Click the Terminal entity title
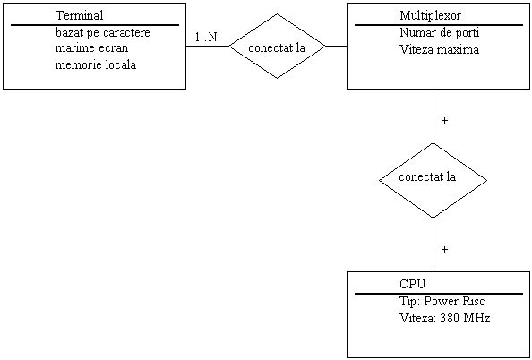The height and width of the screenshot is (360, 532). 80,15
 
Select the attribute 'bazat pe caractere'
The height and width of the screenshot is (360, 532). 102,33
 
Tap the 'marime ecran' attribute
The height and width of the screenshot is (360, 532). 91,48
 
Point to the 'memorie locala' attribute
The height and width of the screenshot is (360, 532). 96,64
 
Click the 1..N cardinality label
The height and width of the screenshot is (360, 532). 206,37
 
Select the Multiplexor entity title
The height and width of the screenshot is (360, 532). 431,15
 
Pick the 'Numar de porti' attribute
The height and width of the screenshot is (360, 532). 440,33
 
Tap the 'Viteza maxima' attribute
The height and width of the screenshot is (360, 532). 440,50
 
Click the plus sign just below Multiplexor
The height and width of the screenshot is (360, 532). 444,121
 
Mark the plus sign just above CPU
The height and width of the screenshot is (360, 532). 444,249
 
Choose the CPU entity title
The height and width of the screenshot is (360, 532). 412,284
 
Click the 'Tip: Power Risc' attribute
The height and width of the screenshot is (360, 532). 442,301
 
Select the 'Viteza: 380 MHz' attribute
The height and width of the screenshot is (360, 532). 445,318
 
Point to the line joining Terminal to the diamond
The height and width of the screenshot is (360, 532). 207,47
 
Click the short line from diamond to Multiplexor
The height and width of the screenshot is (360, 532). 336,47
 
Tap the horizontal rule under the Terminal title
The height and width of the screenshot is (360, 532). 95,25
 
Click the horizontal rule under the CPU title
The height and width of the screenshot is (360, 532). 439,294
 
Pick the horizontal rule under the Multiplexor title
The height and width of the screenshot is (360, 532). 439,25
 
